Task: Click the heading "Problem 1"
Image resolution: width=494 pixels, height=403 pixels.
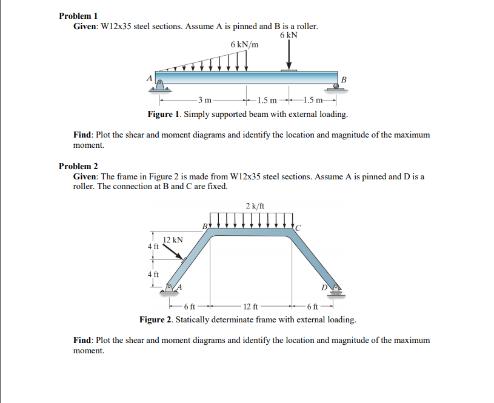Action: click(x=78, y=16)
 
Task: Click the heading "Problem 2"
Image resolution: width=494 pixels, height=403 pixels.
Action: click(x=78, y=166)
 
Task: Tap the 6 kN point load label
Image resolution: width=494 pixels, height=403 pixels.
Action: click(x=289, y=35)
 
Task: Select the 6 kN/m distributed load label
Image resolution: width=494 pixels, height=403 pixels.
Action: click(x=244, y=44)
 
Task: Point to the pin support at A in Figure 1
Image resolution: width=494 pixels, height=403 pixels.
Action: click(x=159, y=84)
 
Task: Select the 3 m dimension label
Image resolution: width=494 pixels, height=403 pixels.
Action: click(x=205, y=99)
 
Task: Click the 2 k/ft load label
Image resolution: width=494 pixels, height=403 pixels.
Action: click(x=255, y=206)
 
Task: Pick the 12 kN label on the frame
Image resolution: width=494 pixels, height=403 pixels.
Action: click(x=173, y=240)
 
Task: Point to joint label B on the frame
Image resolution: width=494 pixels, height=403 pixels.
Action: click(x=205, y=226)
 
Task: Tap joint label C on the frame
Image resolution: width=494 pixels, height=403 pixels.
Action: click(x=298, y=227)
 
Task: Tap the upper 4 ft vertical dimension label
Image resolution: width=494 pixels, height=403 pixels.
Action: click(x=153, y=247)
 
